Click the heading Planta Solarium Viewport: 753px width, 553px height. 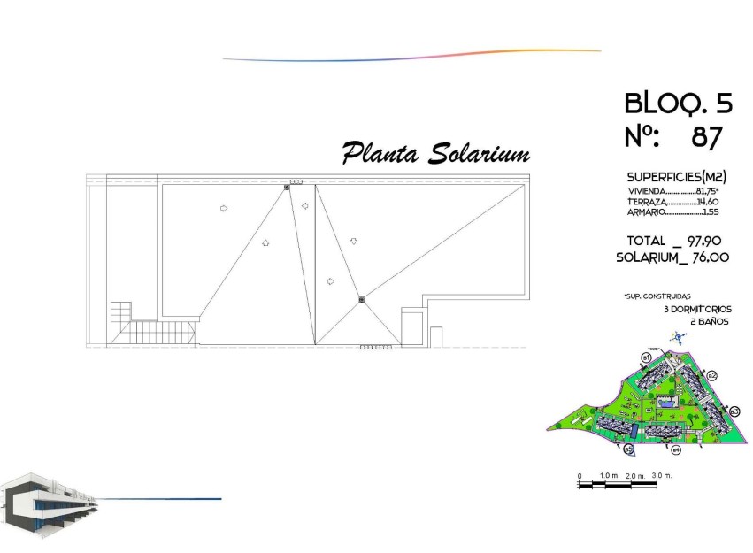[435, 153]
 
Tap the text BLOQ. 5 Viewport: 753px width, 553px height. [679, 104]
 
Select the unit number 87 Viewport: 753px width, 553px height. [707, 137]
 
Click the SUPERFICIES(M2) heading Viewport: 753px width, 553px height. [677, 177]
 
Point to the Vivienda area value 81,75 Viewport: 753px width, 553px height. [707, 190]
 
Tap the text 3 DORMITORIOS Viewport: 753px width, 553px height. [698, 309]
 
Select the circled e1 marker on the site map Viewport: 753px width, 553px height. [647, 357]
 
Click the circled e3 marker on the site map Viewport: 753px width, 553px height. [734, 411]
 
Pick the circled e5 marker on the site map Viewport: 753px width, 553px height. [629, 449]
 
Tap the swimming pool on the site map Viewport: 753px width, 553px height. [666, 402]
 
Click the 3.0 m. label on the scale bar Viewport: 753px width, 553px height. [662, 476]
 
